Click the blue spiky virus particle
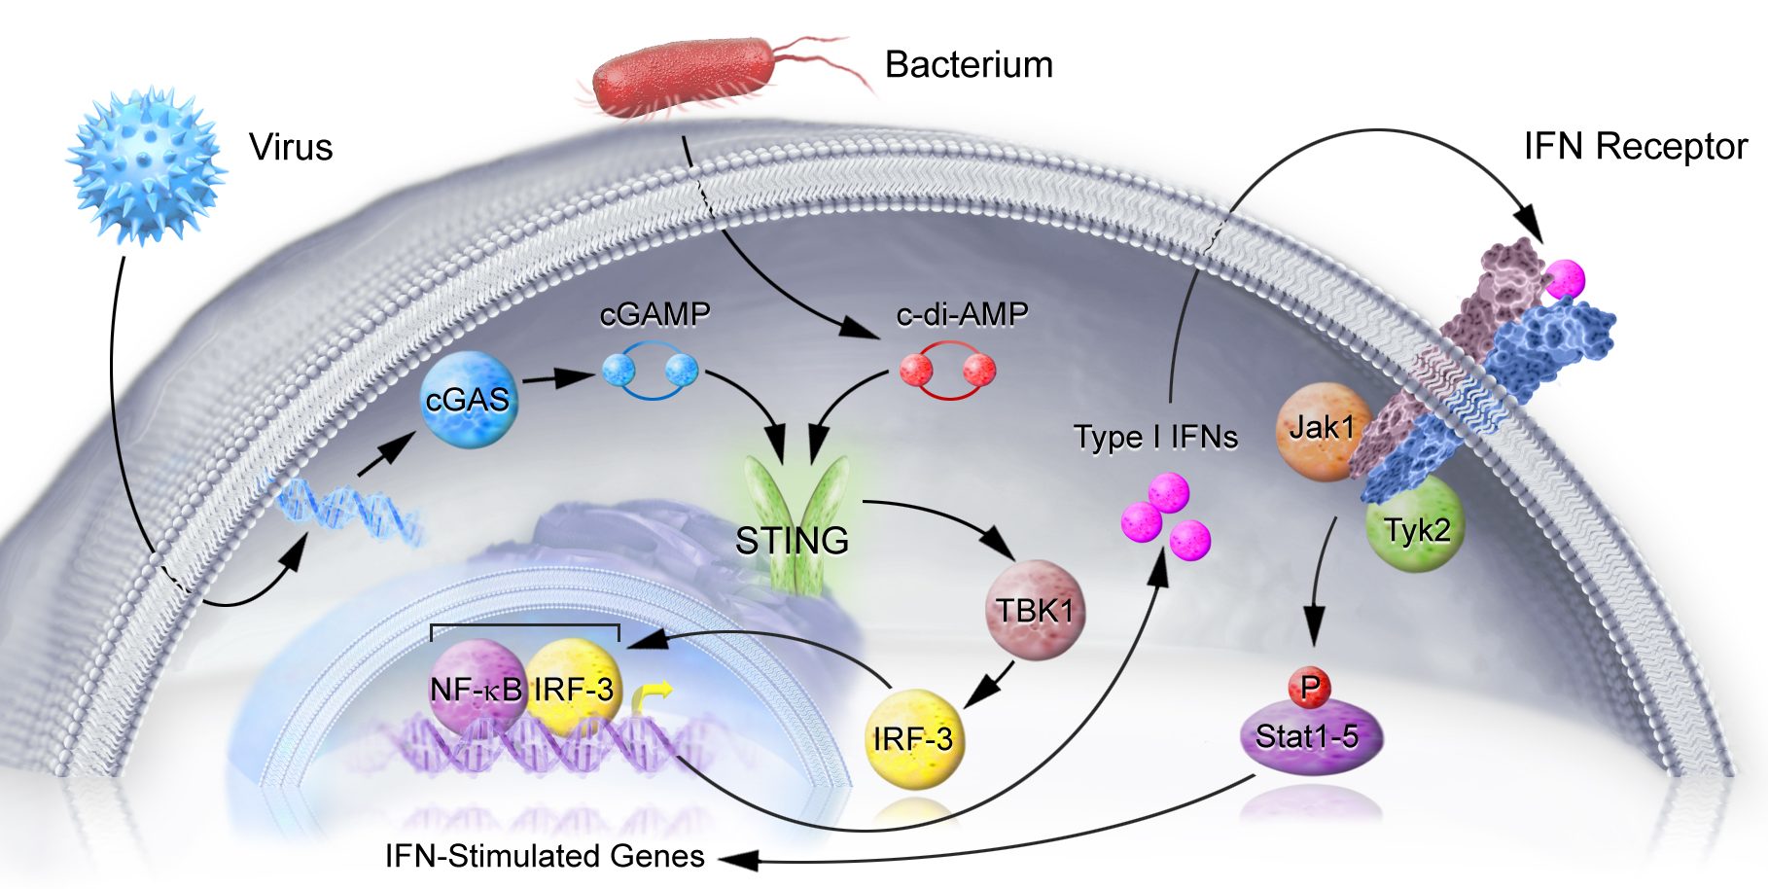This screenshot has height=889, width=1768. pos(146,165)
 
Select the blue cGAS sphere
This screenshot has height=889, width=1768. pos(468,400)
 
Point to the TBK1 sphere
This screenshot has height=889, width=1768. pos(1035,611)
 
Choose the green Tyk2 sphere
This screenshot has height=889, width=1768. pos(1417,530)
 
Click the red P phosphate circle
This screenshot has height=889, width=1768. pos(1309,687)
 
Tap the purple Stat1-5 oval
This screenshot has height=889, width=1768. pos(1309,738)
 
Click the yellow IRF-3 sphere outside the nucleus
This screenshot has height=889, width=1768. pos(913,739)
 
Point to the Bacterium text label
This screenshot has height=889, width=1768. pos(969,65)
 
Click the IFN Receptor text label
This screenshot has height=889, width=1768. pos(1635,147)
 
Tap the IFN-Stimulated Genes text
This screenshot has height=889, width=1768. pos(545,856)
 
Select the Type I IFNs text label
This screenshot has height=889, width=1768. pos(1155,437)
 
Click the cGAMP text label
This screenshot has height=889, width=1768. pos(654,314)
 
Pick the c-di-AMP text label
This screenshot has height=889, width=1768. pos(962,314)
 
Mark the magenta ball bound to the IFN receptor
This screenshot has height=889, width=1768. pos(1566,279)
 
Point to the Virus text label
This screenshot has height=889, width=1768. pos(291,148)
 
